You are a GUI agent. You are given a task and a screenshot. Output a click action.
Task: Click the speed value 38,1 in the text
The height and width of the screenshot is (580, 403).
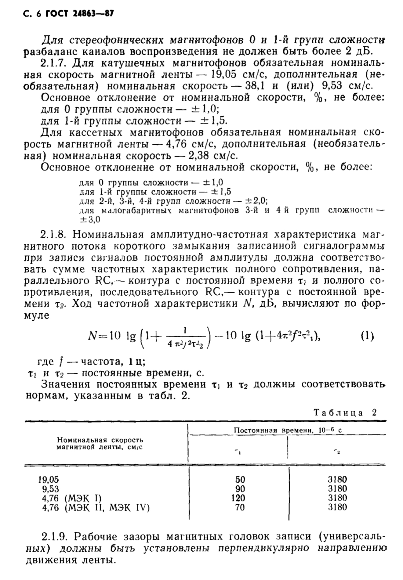256,86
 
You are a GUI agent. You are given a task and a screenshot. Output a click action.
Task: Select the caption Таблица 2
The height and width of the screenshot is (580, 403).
345,412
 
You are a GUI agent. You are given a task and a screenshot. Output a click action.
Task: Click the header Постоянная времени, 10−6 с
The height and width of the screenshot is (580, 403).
288,430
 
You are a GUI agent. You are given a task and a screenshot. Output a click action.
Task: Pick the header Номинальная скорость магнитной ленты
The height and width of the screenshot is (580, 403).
100,444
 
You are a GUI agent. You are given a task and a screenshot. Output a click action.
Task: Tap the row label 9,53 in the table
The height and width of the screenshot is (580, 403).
51,489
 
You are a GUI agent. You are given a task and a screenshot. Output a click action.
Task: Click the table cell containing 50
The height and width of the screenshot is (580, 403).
240,480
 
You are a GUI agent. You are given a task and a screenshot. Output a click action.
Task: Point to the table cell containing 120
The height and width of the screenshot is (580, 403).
238,498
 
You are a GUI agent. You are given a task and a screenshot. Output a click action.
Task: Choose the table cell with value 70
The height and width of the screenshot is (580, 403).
240,507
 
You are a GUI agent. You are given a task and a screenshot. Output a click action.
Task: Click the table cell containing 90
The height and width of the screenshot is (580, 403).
240,489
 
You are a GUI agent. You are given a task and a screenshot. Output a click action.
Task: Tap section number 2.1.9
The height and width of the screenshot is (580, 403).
55,536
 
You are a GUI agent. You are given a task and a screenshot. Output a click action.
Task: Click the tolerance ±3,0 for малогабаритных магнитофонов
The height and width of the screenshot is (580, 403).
90,219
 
